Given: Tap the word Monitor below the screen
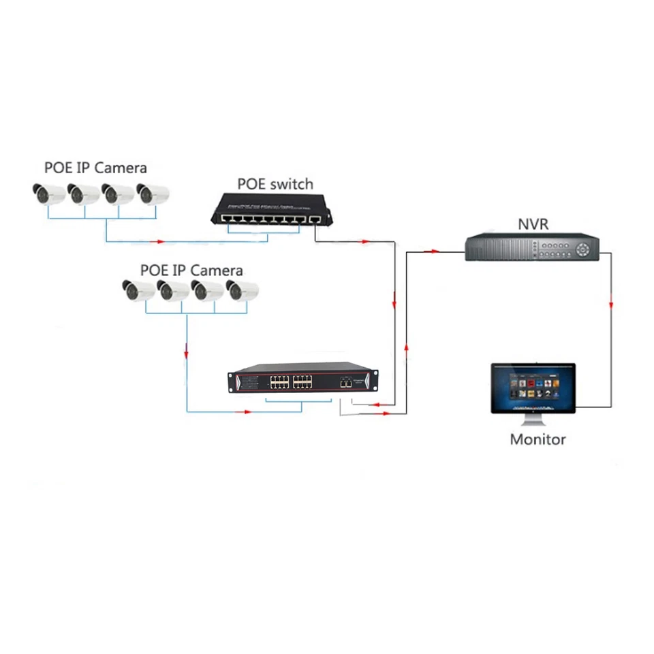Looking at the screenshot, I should (538, 439).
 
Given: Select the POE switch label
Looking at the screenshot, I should (275, 184).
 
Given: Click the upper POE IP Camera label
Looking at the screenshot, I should (95, 168).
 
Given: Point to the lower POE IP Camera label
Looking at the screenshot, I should (191, 270).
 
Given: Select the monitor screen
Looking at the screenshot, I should (533, 386).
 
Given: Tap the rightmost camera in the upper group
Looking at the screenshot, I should (152, 194).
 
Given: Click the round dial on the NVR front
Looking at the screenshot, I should (584, 249).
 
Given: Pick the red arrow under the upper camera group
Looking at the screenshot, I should (161, 240).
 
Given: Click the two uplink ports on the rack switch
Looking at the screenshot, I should (346, 383).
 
